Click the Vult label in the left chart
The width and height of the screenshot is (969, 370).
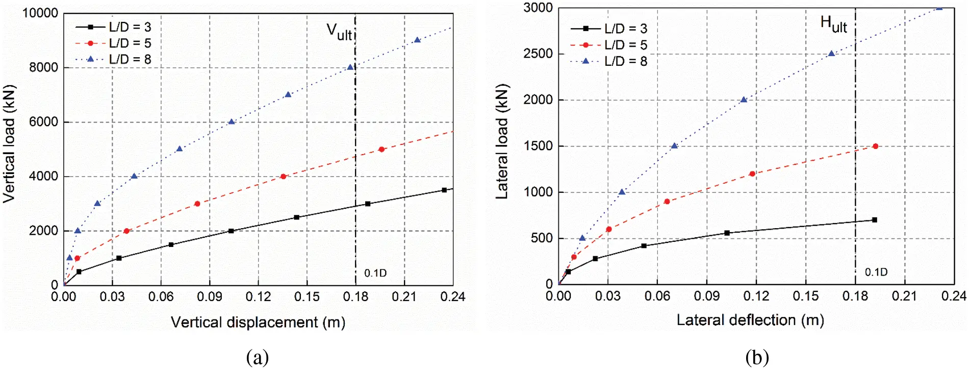(339, 32)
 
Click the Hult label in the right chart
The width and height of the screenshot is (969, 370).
(833, 24)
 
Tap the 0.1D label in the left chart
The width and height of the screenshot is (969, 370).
(375, 274)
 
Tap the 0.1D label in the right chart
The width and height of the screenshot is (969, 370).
(876, 273)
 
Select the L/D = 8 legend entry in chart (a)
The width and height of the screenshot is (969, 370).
(130, 60)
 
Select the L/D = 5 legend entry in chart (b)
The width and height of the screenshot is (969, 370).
(625, 45)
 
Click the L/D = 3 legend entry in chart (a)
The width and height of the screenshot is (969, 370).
(130, 27)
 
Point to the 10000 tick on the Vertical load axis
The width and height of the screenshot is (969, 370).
(40, 13)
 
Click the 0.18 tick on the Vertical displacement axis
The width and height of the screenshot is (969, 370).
(355, 297)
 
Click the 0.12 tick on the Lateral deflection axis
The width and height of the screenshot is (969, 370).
(756, 296)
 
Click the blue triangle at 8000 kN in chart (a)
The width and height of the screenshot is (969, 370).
(350, 67)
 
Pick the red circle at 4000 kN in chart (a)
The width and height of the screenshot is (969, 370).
(284, 177)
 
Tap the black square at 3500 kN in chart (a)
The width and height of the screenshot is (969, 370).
(444, 190)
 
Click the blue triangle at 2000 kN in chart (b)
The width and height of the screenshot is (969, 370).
(744, 100)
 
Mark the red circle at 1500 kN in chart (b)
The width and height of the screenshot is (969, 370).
(876, 146)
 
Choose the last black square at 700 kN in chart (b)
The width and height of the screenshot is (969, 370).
(875, 220)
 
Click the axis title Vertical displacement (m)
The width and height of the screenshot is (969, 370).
(258, 323)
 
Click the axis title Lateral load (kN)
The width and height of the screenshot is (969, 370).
(502, 141)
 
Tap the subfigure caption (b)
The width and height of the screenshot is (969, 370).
(757, 357)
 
